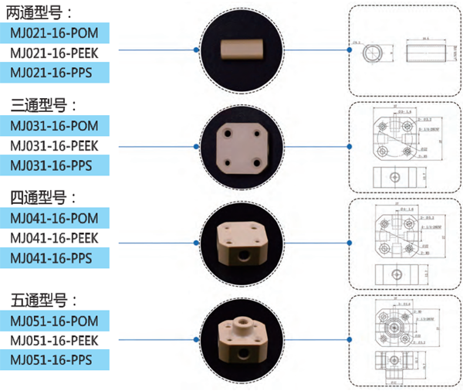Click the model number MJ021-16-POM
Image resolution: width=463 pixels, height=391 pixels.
coord(53,32)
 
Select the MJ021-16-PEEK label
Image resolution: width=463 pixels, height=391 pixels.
coord(53,53)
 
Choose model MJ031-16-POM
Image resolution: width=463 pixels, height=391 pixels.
coord(53,125)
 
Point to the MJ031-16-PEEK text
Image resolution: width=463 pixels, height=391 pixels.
coord(53,145)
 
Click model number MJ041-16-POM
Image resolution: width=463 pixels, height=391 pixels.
coord(53,218)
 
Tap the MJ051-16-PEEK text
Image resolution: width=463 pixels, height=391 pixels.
coord(53,340)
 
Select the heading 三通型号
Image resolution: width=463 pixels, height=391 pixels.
coord(43,105)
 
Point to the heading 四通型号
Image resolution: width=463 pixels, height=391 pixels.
coord(43,198)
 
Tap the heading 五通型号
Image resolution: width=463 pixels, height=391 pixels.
coord(43,300)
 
